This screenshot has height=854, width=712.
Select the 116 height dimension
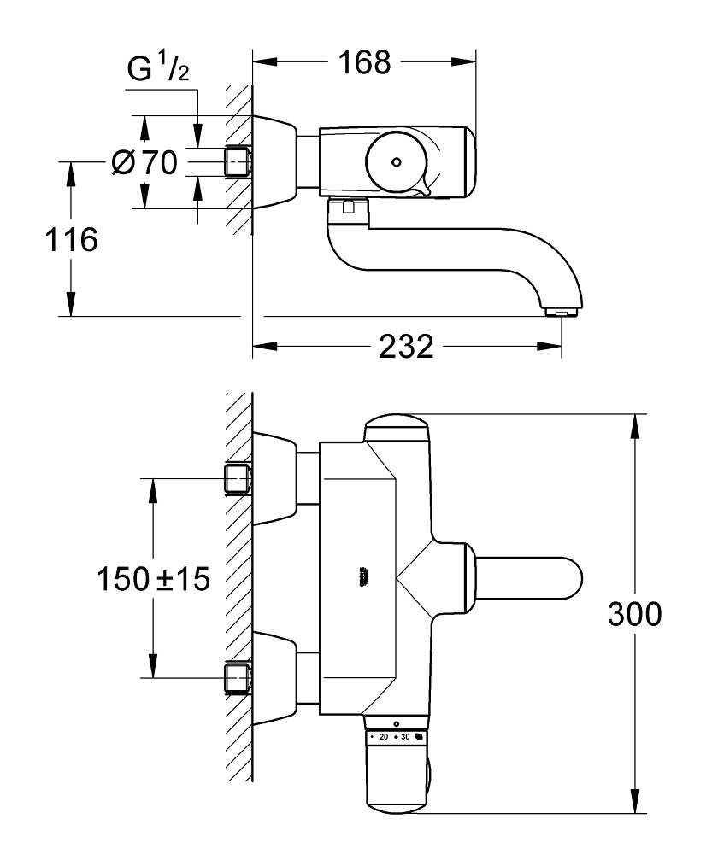(72, 240)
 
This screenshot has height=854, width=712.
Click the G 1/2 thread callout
(159, 71)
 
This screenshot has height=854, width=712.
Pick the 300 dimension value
(633, 613)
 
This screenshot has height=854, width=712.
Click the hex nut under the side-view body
(347, 206)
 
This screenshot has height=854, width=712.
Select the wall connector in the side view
(238, 161)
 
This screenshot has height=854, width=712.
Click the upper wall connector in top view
(238, 479)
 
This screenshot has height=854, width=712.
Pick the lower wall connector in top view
(238, 678)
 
